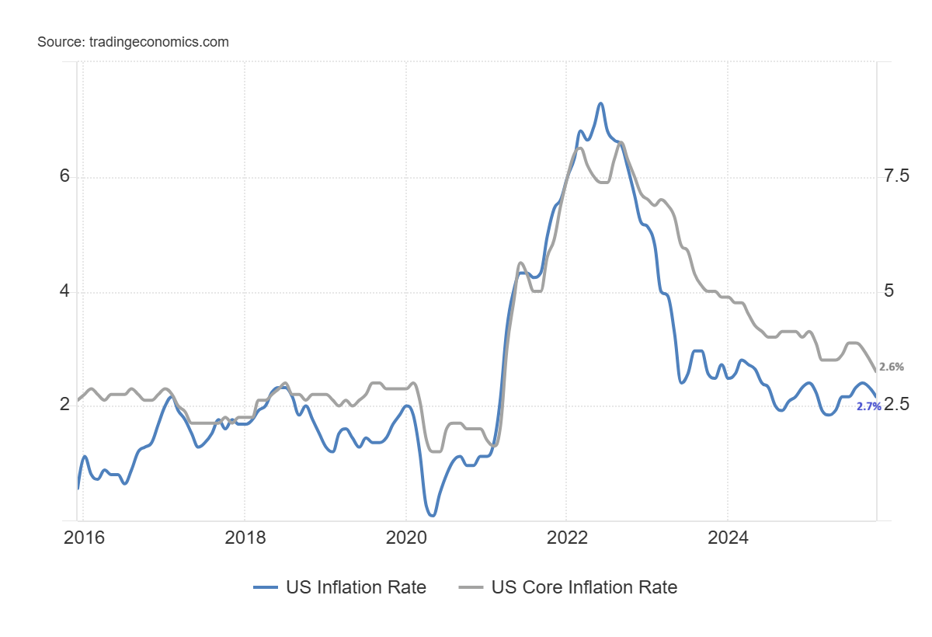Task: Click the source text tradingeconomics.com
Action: tap(133, 42)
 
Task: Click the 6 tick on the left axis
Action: tap(64, 177)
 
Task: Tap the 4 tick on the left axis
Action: tap(64, 292)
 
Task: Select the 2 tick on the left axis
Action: tap(64, 405)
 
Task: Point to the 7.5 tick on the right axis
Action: tap(896, 177)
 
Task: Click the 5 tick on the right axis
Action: tap(889, 292)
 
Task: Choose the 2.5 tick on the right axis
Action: tap(896, 405)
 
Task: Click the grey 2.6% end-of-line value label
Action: tap(891, 367)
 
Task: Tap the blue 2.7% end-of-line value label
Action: tap(868, 406)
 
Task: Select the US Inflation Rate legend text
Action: tap(356, 587)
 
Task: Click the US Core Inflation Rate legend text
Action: tap(584, 587)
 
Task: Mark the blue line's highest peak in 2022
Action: tap(600, 103)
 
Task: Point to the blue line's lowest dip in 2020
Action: tap(432, 515)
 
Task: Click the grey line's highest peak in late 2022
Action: tap(621, 142)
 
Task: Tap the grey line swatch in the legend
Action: tap(471, 587)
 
